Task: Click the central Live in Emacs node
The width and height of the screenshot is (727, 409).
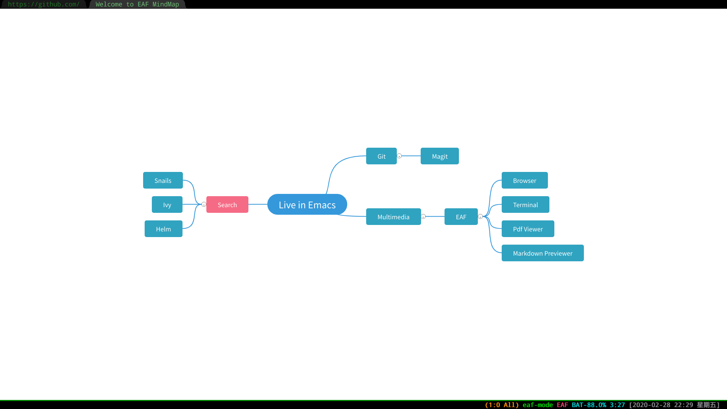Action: (x=307, y=204)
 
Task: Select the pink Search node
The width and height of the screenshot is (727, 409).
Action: (x=227, y=204)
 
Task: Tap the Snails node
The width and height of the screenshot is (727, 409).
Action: (x=163, y=180)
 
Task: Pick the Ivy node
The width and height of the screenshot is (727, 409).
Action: (x=167, y=204)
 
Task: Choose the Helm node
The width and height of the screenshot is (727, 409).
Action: (x=163, y=229)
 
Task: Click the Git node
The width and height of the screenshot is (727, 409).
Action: (x=381, y=156)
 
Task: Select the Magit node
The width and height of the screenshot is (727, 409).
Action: (x=440, y=156)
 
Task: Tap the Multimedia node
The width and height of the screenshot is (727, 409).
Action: (x=393, y=217)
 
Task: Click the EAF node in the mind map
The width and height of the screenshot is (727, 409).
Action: (x=461, y=217)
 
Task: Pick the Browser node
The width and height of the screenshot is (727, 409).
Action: (x=524, y=180)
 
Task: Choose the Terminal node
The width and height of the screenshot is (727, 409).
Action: (x=525, y=204)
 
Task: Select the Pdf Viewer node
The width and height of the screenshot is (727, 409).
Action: (x=528, y=229)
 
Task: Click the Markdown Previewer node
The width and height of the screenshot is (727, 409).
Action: (x=543, y=253)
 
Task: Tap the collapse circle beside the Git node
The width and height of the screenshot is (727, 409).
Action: (x=399, y=156)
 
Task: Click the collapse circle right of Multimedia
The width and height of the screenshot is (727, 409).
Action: (x=423, y=217)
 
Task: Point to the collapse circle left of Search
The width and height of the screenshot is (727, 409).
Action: (x=204, y=204)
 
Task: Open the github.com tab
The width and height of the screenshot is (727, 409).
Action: (x=44, y=4)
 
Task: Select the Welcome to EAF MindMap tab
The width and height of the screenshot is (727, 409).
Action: (x=137, y=4)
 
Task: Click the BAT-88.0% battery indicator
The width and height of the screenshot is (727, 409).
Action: (x=589, y=405)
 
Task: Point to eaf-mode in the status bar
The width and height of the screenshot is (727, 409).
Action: (x=538, y=405)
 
